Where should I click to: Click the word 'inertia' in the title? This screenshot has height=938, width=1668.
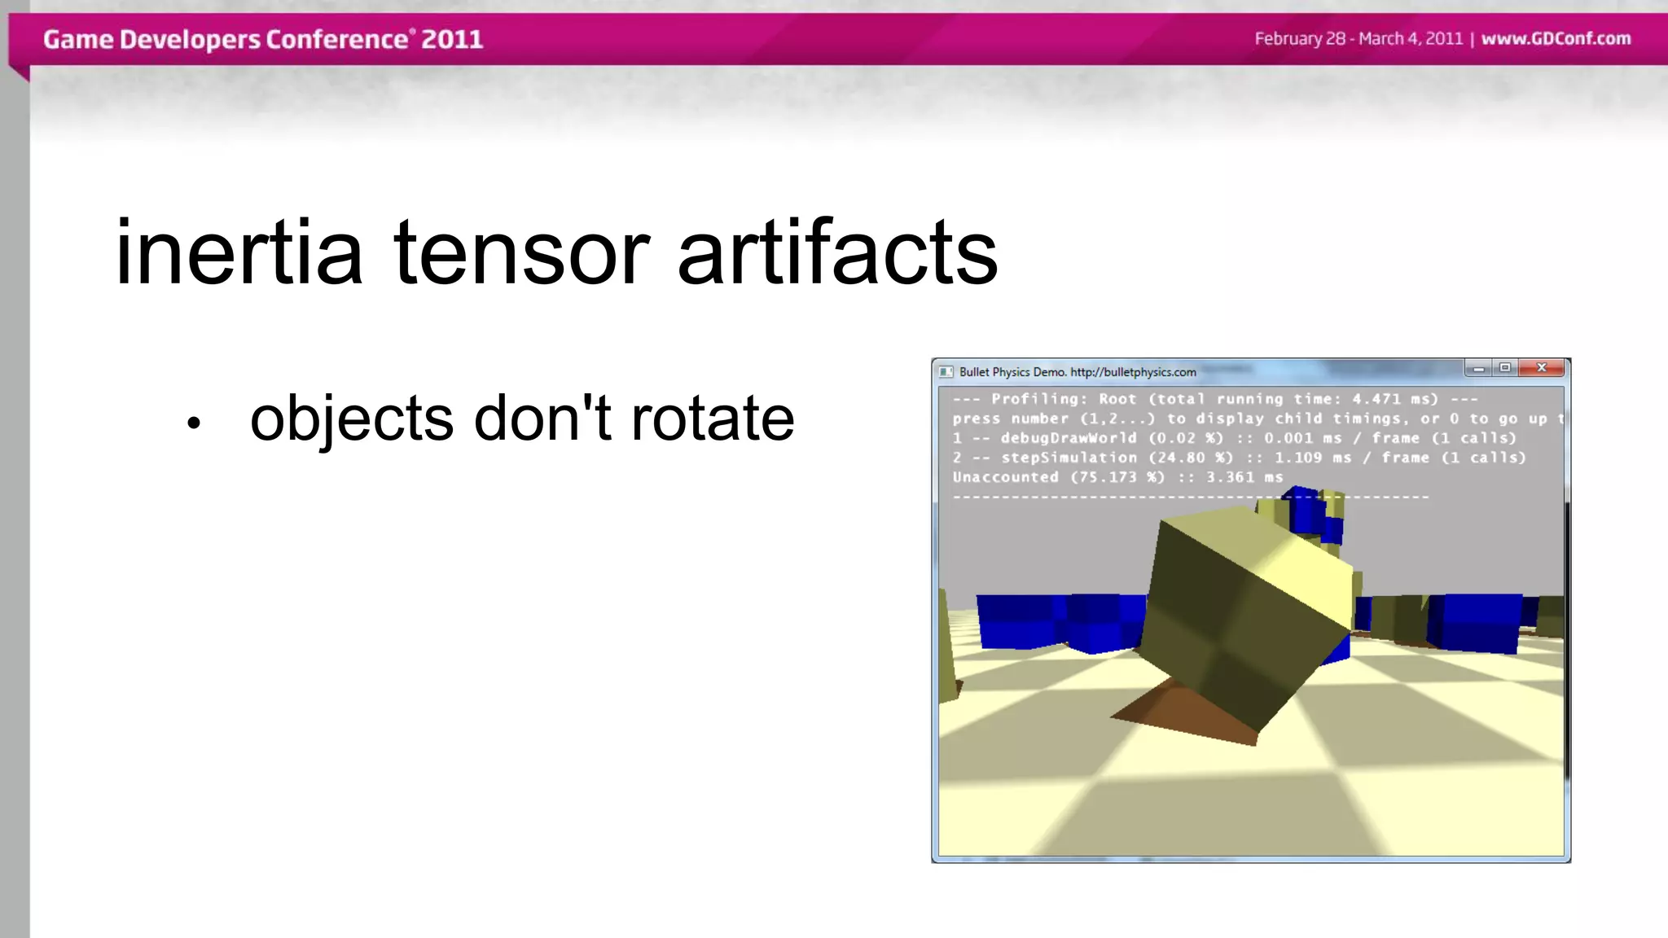click(x=239, y=253)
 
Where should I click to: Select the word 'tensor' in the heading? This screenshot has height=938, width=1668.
click(x=521, y=253)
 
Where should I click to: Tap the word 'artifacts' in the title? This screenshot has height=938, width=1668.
click(x=837, y=253)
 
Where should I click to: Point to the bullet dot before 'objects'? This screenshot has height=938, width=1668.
click(x=193, y=423)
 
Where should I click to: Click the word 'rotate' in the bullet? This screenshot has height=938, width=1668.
click(x=713, y=419)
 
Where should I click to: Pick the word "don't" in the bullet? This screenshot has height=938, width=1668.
click(x=542, y=419)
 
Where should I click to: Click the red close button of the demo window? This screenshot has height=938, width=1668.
click(x=1541, y=368)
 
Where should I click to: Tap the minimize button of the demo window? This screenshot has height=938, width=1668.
click(x=1478, y=369)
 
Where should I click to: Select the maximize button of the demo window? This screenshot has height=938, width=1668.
click(x=1505, y=368)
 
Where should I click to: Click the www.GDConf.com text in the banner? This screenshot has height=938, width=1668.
click(x=1556, y=39)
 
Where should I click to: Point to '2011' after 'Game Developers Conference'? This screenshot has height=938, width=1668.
click(x=452, y=39)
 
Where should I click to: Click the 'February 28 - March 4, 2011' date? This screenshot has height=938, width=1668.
click(x=1359, y=39)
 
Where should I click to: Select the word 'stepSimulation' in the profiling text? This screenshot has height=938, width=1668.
click(x=1069, y=458)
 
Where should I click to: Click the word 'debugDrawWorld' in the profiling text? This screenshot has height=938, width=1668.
click(x=1069, y=438)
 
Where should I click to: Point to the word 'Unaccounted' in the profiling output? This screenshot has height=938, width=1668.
click(x=1005, y=477)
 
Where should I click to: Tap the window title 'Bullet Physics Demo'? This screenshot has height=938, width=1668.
click(x=1012, y=372)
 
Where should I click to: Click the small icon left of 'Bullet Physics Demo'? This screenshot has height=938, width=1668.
click(x=946, y=372)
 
